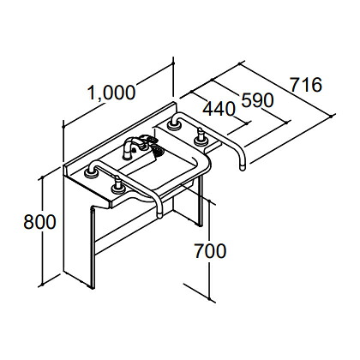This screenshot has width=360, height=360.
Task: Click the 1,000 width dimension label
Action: (111, 93)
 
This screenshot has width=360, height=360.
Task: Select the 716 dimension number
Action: (306, 85)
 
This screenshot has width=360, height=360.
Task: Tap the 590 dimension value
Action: (258, 100)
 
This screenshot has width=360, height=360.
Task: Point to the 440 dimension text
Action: (219, 109)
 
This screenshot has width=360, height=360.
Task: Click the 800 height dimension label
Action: (39, 222)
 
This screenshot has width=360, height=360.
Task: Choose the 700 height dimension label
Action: (210, 251)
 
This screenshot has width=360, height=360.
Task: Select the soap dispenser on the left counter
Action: (117, 185)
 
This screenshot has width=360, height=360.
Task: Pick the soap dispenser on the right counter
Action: (200, 137)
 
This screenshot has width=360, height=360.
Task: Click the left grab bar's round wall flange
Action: (91, 173)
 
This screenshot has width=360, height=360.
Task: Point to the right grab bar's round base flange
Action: (174, 125)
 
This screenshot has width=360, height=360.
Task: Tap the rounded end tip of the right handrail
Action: (243, 167)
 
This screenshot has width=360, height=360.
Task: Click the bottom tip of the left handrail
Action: (159, 214)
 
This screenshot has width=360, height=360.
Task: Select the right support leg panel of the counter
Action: (200, 200)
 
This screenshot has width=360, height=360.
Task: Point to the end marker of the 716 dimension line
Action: (332, 116)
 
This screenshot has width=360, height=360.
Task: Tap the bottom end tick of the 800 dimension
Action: (42, 285)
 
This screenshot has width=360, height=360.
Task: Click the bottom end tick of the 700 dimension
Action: (210, 299)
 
